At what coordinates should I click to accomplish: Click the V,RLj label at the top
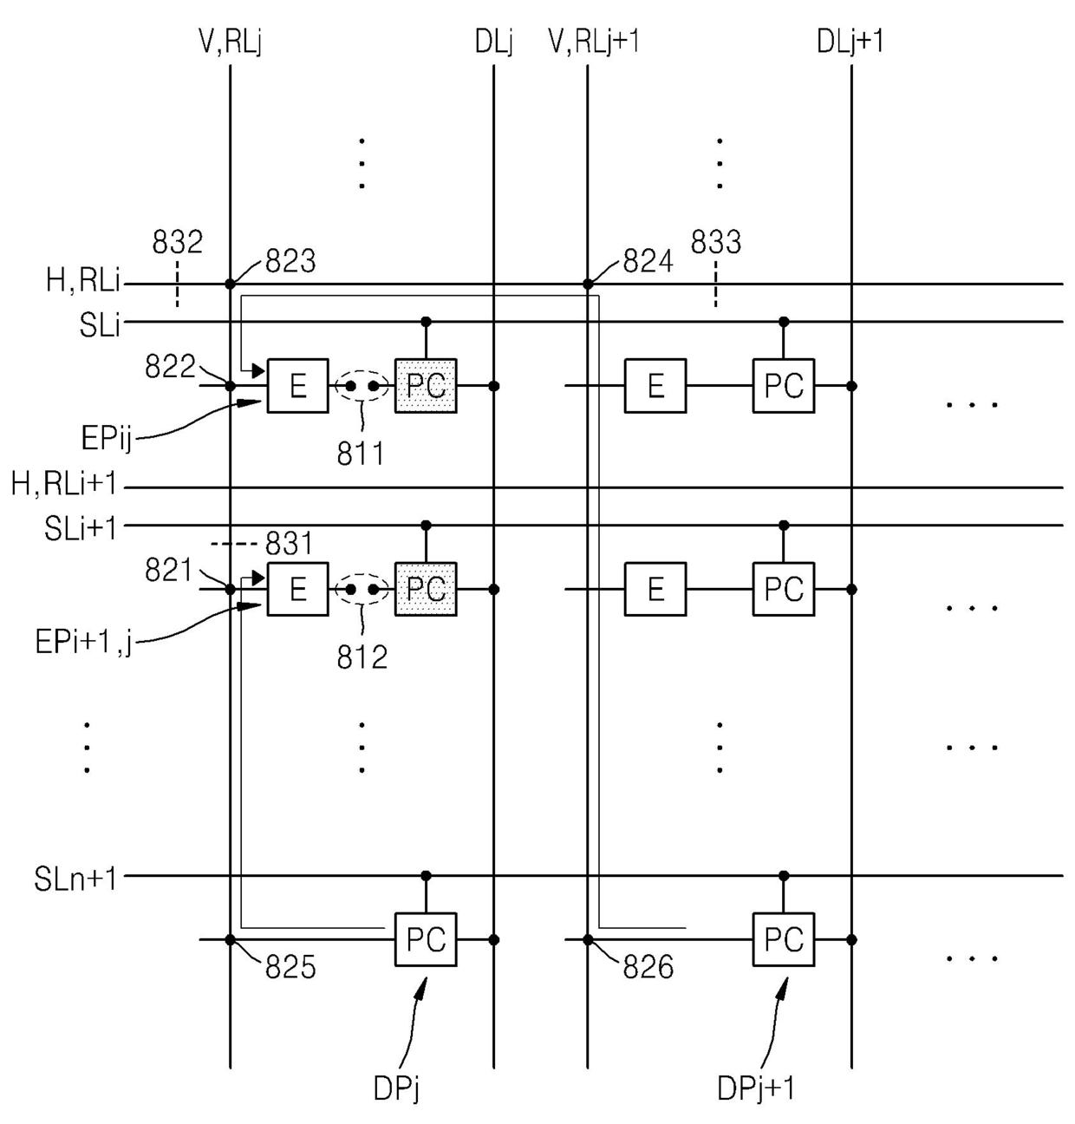(x=230, y=42)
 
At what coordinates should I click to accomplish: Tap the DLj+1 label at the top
(x=850, y=42)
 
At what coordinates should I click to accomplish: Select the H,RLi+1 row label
(x=64, y=483)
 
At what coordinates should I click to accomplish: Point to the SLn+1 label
(x=75, y=879)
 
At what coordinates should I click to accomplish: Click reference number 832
(x=177, y=242)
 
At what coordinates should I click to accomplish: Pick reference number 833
(x=716, y=242)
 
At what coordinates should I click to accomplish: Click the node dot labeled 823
(x=230, y=284)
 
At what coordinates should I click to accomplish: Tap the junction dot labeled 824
(x=588, y=284)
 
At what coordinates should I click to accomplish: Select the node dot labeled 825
(x=230, y=940)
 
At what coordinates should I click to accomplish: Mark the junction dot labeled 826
(x=588, y=940)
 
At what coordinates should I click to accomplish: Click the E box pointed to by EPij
(x=298, y=386)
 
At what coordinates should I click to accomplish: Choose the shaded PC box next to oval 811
(x=426, y=386)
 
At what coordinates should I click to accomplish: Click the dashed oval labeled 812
(x=362, y=574)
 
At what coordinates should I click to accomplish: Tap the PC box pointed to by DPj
(x=426, y=940)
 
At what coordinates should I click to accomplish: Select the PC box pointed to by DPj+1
(x=784, y=940)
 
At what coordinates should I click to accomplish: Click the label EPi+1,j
(x=83, y=642)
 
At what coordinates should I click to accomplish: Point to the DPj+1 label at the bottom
(x=756, y=1088)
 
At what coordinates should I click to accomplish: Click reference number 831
(x=290, y=544)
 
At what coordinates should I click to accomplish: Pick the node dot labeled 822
(x=230, y=386)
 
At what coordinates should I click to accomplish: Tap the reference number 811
(x=361, y=454)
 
